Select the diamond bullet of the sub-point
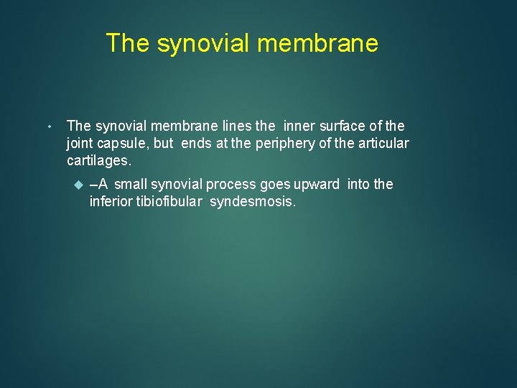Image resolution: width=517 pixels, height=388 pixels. click(79, 185)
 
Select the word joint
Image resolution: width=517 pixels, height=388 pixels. click(80, 143)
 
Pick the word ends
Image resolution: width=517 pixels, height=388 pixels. click(196, 143)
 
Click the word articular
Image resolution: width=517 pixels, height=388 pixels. click(381, 143)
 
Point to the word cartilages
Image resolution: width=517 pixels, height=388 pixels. click(98, 160)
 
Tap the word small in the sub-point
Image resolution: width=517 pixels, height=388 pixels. click(131, 184)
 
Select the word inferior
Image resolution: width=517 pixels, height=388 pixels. click(111, 201)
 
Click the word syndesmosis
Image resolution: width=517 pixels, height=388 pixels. click(253, 201)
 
